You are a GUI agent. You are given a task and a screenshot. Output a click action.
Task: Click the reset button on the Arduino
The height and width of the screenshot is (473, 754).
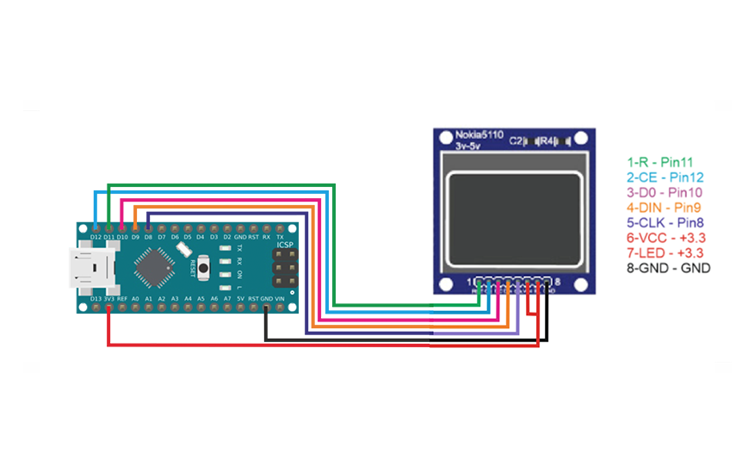(x=203, y=266)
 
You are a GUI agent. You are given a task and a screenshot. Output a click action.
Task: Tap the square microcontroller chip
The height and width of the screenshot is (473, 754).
(x=155, y=266)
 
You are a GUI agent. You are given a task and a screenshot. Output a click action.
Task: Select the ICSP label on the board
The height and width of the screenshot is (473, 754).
(x=285, y=246)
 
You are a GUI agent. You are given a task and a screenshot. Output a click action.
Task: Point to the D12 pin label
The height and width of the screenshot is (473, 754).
(x=95, y=237)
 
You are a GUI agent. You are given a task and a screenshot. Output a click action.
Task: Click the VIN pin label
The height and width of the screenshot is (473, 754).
(x=279, y=298)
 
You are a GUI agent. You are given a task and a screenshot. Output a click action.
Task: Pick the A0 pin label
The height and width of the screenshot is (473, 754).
(x=135, y=298)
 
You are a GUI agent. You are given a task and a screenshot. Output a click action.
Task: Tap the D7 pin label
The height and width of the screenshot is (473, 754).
(x=162, y=237)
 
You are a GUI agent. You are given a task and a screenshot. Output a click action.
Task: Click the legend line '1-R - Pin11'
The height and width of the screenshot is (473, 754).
(x=660, y=161)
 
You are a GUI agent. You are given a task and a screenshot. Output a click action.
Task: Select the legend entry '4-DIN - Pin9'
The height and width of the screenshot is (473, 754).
(x=664, y=207)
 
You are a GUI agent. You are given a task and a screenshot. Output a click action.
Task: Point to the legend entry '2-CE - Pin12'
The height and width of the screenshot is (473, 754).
(x=664, y=177)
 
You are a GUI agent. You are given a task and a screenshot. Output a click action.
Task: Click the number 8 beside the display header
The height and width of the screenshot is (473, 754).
(x=558, y=282)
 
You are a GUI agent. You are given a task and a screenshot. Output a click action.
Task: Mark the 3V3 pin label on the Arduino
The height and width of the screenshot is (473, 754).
(x=108, y=298)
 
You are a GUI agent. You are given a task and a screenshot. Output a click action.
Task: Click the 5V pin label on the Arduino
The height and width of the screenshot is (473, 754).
(x=240, y=298)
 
